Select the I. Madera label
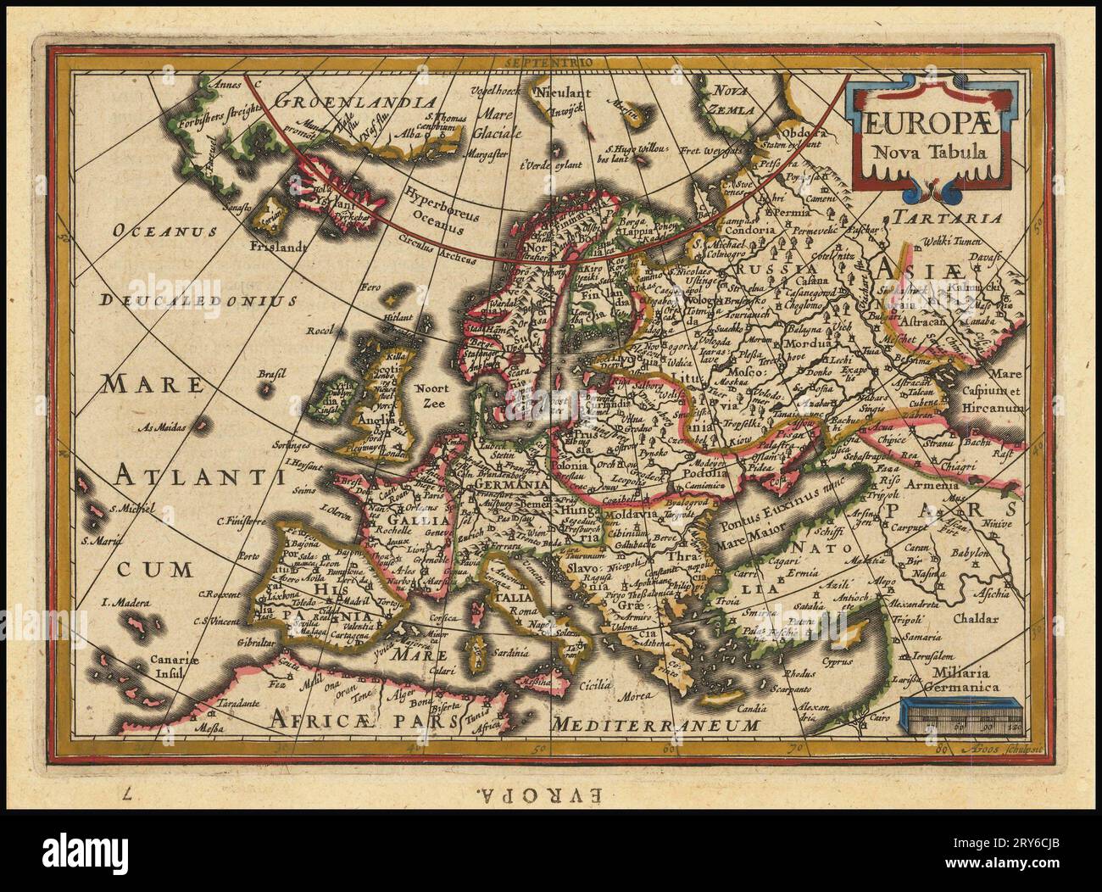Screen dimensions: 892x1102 click(124, 603)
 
